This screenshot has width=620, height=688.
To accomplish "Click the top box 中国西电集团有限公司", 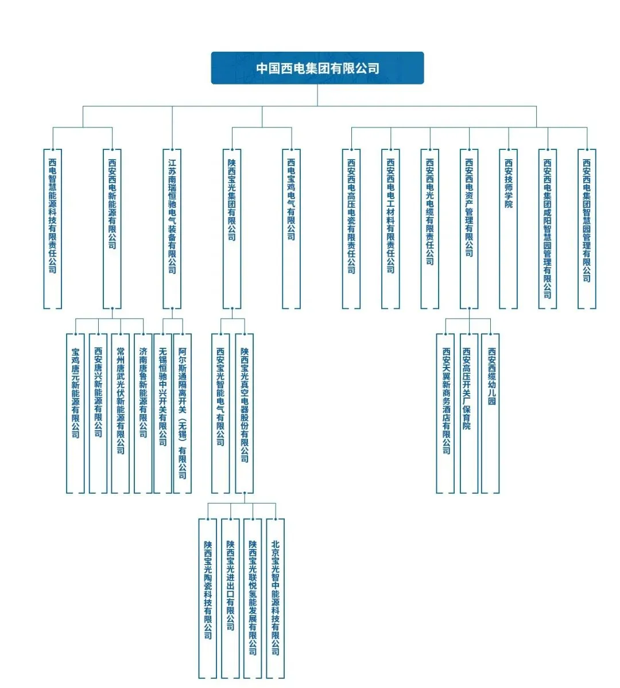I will (317, 68).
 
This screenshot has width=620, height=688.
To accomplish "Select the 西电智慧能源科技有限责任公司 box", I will (53, 229).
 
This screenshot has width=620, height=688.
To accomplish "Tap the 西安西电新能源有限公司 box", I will (112, 229).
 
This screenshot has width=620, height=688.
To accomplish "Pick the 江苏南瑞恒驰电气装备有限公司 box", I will (172, 229).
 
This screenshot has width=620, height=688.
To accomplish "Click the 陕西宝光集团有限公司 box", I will (232, 229).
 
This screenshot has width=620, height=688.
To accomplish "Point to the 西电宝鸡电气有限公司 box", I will (291, 229).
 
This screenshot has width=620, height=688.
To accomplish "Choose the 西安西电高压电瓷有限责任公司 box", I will (351, 229).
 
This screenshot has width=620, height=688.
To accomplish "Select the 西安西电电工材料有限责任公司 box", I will (390, 229).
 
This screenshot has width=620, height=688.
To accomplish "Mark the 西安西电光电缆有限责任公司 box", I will (430, 229).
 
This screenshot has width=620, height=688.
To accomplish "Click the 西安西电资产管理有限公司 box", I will (469, 229).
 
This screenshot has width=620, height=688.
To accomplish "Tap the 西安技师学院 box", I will (509, 229).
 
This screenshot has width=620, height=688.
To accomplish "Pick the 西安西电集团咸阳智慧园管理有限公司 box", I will (548, 229).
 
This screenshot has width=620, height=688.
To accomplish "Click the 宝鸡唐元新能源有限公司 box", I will (75, 413).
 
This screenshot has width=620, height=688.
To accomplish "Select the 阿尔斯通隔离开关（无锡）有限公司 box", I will (182, 413).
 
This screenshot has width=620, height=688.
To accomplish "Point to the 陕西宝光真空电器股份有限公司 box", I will (245, 413).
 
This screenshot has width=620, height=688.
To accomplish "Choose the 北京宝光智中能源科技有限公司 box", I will (276, 598).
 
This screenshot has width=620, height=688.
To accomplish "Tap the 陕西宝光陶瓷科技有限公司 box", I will (208, 598).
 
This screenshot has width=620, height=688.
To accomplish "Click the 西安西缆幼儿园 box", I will (491, 413).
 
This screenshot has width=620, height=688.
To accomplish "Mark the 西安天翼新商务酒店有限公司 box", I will (446, 413).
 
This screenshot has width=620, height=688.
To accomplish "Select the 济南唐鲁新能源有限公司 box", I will (143, 413).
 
